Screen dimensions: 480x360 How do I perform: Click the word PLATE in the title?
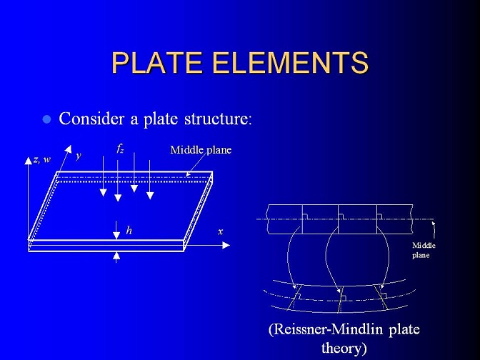(157, 62)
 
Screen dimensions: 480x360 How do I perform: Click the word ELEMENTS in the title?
(290, 62)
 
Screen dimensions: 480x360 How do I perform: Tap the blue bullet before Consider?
(47, 119)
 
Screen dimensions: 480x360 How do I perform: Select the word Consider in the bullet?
(91, 119)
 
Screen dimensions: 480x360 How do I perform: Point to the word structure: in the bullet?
(218, 119)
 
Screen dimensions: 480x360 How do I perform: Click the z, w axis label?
(42, 159)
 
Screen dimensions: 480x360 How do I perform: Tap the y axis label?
(79, 156)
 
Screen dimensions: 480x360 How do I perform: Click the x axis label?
(221, 231)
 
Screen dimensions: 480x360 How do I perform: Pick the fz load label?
(120, 149)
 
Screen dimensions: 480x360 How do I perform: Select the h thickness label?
(129, 230)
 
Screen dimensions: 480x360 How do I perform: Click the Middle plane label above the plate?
(201, 150)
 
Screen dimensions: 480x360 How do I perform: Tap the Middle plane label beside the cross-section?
(424, 250)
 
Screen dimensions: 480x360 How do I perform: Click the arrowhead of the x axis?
(226, 245)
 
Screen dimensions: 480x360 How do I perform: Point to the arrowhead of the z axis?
(28, 161)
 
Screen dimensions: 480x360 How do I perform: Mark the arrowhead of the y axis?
(68, 149)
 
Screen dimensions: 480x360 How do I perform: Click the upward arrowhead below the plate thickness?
(116, 256)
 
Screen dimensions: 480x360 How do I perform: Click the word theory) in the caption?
(344, 348)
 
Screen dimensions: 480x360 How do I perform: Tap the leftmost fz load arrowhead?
(103, 193)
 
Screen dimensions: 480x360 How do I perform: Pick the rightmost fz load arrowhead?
(150, 196)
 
